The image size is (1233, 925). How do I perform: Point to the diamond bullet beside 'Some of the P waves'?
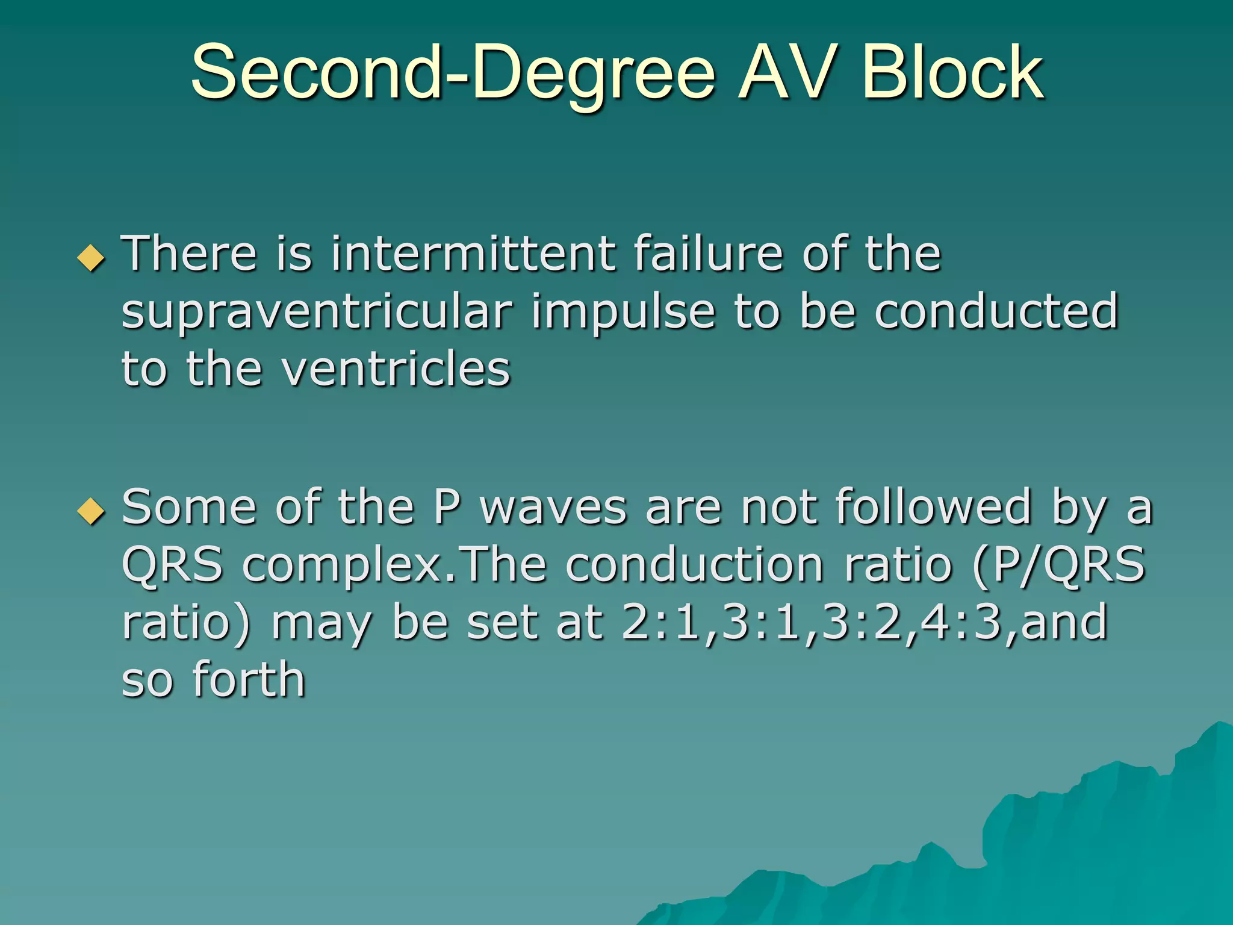pos(92,511)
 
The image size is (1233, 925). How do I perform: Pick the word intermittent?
pos(473,254)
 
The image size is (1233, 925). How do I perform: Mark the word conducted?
pos(996,311)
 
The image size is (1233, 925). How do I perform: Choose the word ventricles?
pos(397,370)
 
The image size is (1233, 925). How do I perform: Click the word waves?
pos(553,508)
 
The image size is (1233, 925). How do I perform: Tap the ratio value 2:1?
pos(659,623)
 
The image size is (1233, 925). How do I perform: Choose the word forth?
pos(249,680)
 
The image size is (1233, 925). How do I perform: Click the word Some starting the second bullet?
pos(189,508)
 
